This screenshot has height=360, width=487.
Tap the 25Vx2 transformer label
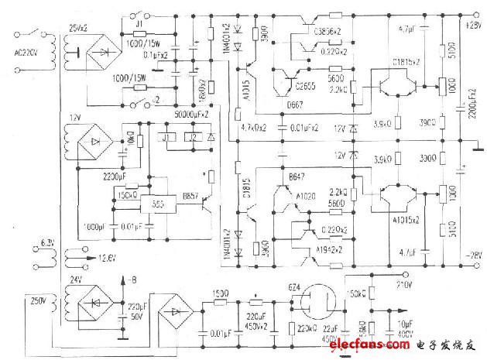(82, 28)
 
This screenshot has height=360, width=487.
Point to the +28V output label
(472, 25)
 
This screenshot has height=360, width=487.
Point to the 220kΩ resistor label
(302, 328)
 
